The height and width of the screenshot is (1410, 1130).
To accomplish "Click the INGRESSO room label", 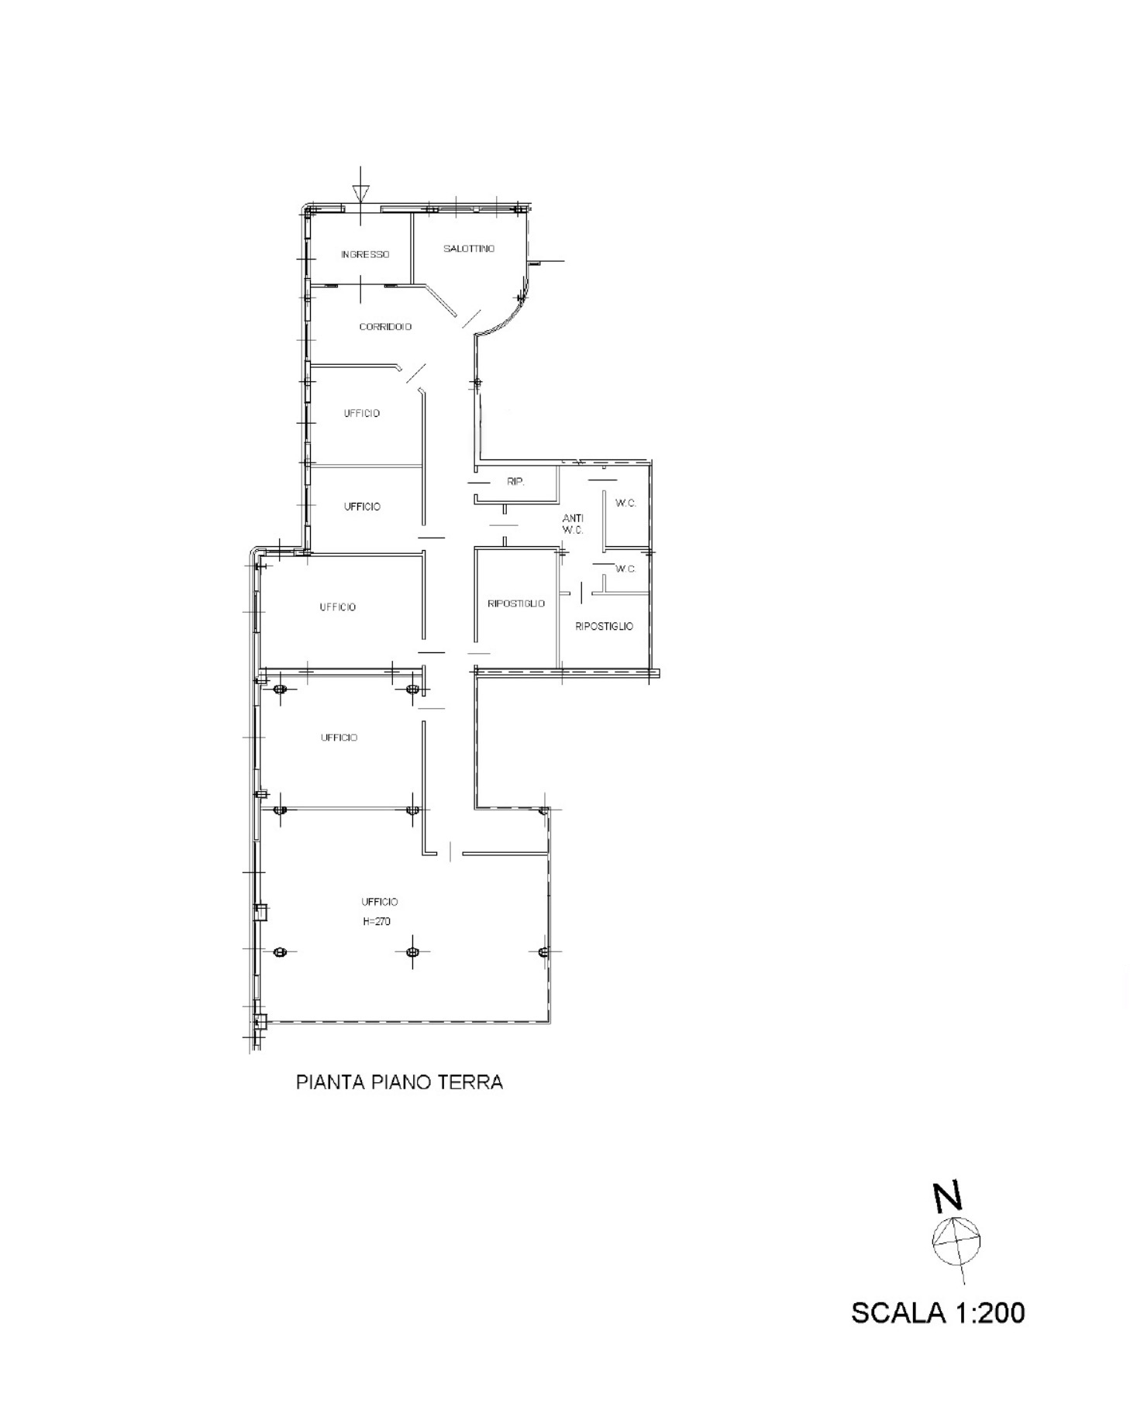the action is coord(365,255).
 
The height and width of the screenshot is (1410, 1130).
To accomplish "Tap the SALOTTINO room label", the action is coord(469,249).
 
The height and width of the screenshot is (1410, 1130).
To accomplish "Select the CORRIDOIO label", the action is coord(385,327).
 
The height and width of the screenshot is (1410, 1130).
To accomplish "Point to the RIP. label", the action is coord(515,482).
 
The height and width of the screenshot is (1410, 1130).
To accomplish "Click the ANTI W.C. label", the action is coord(573,524).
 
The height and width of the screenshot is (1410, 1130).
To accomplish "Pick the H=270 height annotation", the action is coord(377,922).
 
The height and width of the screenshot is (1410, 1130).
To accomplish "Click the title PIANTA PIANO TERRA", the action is coord(399,1082).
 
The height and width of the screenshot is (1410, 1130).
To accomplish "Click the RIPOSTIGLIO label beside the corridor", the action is coord(516,604).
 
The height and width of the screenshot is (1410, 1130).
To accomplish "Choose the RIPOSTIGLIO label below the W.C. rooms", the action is coord(605,626).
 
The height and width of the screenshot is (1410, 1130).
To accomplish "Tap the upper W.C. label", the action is coord(626,504).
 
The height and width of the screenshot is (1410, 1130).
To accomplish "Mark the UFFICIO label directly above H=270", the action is coord(380,902).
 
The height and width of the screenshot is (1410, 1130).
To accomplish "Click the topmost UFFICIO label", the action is coord(362,414).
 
